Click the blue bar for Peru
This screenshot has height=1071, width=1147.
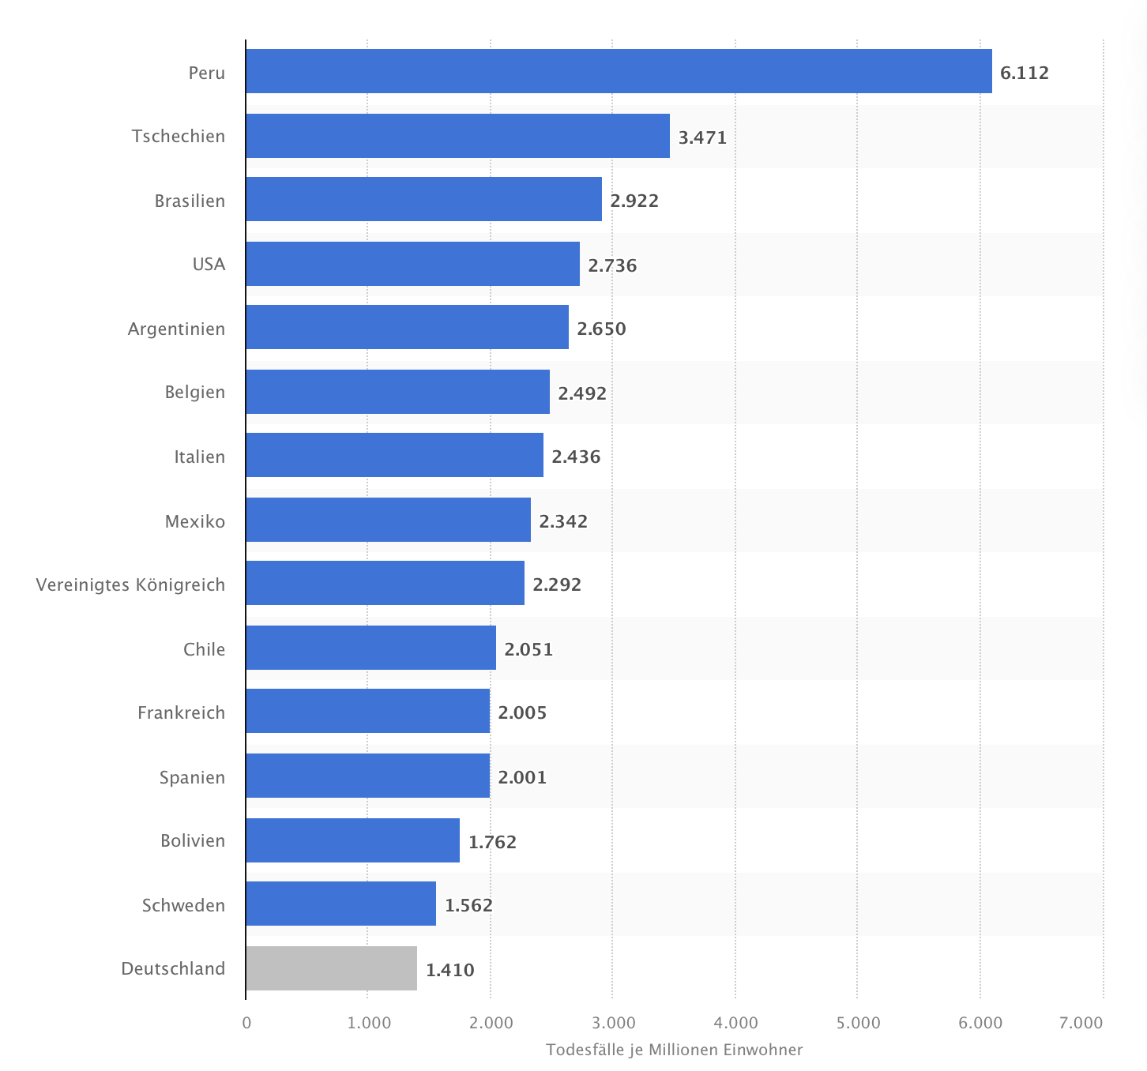pyautogui.click(x=619, y=71)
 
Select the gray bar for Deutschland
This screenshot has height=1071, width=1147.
pyautogui.click(x=331, y=968)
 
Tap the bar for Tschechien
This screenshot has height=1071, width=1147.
pyautogui.click(x=457, y=136)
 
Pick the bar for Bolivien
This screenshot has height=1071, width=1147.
pyautogui.click(x=352, y=840)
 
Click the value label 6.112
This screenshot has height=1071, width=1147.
pyautogui.click(x=1024, y=73)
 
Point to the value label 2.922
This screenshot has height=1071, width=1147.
pyautogui.click(x=634, y=201)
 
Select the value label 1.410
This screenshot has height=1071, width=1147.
pyautogui.click(x=449, y=970)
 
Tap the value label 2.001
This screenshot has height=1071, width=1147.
pyautogui.click(x=521, y=777)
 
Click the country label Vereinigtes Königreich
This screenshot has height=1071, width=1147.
pyautogui.click(x=130, y=584)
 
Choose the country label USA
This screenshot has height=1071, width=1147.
pyautogui.click(x=209, y=264)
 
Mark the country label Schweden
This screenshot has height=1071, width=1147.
pyautogui.click(x=183, y=905)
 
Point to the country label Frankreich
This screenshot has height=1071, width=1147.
pyautogui.click(x=181, y=712)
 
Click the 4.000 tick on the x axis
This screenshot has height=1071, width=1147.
pyautogui.click(x=735, y=1023)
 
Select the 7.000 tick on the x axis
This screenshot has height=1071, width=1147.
pyautogui.click(x=1081, y=1023)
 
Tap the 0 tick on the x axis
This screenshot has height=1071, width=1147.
pyautogui.click(x=246, y=1023)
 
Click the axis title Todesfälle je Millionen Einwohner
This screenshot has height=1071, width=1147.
pyautogui.click(x=674, y=1050)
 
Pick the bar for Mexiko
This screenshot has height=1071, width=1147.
pyautogui.click(x=388, y=520)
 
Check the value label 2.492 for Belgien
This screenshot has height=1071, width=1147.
pyautogui.click(x=581, y=393)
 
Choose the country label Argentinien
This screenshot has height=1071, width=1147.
pyautogui.click(x=176, y=329)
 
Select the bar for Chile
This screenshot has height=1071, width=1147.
pyautogui.click(x=370, y=648)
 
